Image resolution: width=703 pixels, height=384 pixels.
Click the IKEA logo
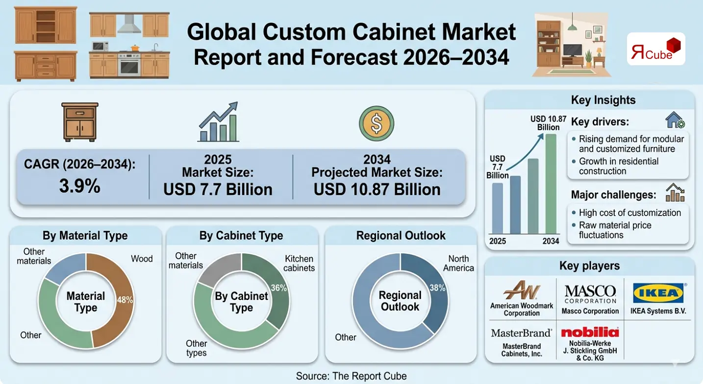point(658,294)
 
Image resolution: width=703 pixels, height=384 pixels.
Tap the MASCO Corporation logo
point(590,294)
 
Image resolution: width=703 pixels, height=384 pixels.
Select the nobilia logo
point(590,332)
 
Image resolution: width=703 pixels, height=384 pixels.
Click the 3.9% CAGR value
point(79,186)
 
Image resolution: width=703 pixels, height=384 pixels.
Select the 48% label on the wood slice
point(125,300)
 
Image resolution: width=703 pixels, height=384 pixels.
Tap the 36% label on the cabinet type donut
point(279,288)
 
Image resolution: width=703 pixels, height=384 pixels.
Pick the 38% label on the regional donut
point(437,288)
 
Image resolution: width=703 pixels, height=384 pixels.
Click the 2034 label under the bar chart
point(551,241)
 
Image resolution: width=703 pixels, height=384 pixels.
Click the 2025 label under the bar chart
point(498,241)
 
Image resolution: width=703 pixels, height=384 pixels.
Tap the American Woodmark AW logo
point(521,290)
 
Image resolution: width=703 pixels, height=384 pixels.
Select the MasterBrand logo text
point(521,333)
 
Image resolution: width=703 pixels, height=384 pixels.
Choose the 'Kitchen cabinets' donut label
point(300,263)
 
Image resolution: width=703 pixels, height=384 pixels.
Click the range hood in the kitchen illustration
point(129,23)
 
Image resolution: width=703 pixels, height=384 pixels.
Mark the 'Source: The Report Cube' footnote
point(351,376)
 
